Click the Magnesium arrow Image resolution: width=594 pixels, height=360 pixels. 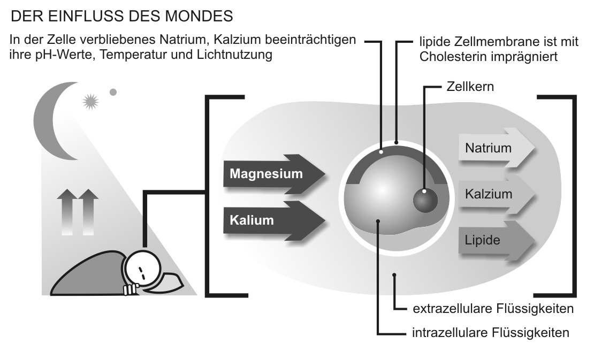(x=273, y=174)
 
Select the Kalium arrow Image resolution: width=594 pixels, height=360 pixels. (x=273, y=220)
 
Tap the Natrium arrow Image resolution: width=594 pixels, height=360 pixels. (x=495, y=148)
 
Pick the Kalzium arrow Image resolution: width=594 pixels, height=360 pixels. (x=495, y=194)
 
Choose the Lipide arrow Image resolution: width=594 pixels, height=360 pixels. (x=495, y=240)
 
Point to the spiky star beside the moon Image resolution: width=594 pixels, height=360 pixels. (x=90, y=101)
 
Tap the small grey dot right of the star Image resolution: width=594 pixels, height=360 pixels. (x=113, y=92)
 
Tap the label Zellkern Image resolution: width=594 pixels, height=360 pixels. (x=470, y=86)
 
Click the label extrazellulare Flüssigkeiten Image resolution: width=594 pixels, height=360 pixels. (x=493, y=309)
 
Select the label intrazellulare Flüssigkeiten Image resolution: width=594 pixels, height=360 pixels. (x=490, y=333)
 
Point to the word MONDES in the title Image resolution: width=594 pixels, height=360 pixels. (x=203, y=17)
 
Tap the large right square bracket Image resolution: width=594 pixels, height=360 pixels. (x=567, y=195)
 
